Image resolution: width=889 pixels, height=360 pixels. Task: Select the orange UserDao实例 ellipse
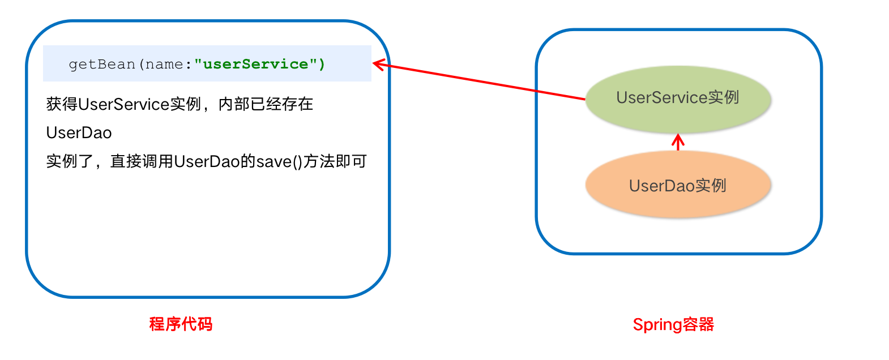pos(678,186)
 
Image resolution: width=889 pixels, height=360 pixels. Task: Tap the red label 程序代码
pos(181,324)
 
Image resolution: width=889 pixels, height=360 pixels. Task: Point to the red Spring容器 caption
pos(673,325)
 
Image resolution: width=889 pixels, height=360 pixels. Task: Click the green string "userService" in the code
pos(255,64)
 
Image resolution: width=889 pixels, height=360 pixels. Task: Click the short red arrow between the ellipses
pos(678,142)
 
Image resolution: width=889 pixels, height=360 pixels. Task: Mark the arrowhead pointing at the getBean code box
pos(377,64)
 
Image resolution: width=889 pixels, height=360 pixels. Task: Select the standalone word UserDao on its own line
pos(79,133)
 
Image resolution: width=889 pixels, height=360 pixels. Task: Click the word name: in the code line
pos(164,65)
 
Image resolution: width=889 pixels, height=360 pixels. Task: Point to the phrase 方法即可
pos(335,162)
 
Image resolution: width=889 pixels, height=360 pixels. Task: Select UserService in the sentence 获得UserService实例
pos(123,104)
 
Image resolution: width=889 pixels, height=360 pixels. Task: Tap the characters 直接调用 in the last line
pos(142,162)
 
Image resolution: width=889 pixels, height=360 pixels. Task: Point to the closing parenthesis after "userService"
pos(322,65)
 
